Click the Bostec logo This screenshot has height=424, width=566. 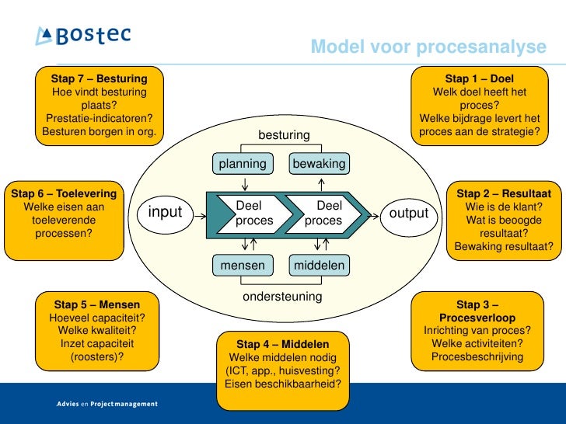[82, 36]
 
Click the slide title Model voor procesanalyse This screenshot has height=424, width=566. [428, 47]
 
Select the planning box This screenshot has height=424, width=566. [243, 164]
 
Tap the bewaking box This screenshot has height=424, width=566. [319, 164]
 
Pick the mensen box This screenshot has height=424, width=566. [243, 266]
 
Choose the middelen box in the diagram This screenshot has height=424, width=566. [319, 266]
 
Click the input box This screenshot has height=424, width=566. [165, 213]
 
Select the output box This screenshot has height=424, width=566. [409, 213]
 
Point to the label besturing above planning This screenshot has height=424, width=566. [284, 136]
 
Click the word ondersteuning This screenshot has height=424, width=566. [282, 297]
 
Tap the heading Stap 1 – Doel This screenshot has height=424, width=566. [479, 78]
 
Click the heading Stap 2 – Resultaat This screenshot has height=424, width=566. [504, 193]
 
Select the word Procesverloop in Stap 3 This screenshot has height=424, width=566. [477, 318]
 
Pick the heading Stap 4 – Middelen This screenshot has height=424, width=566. [282, 344]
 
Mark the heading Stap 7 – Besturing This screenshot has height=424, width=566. [99, 78]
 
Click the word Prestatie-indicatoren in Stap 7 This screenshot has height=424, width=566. [99, 118]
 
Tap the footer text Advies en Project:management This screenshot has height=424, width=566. [107, 404]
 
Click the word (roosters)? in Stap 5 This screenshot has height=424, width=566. [97, 357]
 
